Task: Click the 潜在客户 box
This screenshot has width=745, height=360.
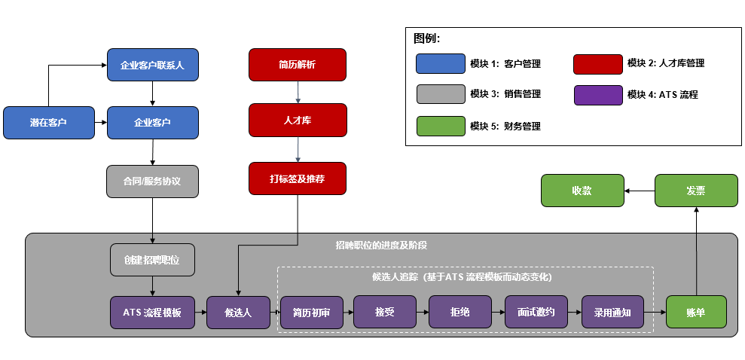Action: coord(48,123)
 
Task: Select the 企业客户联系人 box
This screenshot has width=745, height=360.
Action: coord(153,65)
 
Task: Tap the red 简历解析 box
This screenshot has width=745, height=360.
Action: coord(298,65)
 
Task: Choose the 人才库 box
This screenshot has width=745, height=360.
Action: coord(298,121)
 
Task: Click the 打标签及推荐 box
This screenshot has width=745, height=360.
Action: coord(298,178)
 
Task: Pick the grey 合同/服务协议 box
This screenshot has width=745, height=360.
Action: coord(153,182)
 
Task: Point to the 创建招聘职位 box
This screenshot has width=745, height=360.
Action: coord(153,260)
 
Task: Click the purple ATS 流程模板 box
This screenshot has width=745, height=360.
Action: coord(153,313)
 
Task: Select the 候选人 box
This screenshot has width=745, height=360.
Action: coord(238,313)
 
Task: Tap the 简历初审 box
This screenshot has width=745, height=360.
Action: coord(312,313)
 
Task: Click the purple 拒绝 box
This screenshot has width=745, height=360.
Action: coord(460,313)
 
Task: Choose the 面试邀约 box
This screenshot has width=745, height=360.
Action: coord(536,313)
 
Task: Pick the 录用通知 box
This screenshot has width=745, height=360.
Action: coord(612,313)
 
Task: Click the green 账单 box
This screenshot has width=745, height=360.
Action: coord(696,313)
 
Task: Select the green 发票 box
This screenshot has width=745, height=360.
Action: coord(695,191)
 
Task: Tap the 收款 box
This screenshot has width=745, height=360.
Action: coord(582,191)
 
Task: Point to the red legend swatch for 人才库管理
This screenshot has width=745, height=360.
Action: coord(597,64)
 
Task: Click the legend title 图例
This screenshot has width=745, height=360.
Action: coord(426,38)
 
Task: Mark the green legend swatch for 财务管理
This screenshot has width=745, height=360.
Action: coord(440,126)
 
